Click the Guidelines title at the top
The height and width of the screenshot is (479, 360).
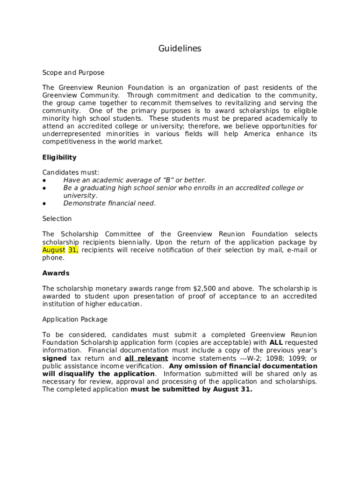(x=180, y=49)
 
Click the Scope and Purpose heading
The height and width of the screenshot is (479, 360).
(x=73, y=73)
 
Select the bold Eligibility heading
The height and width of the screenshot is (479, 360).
(x=59, y=157)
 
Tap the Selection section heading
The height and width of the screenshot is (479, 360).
(x=57, y=218)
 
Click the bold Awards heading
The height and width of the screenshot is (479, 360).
(x=56, y=273)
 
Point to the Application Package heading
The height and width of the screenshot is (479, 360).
(x=75, y=319)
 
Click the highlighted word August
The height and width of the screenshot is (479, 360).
(x=54, y=250)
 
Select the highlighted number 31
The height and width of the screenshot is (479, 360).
(x=73, y=250)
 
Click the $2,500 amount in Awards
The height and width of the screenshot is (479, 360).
(x=204, y=288)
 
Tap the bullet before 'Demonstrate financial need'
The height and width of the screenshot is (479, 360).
(x=44, y=203)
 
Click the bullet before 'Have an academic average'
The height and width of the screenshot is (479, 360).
(x=44, y=181)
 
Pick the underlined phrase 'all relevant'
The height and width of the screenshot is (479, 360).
(x=146, y=358)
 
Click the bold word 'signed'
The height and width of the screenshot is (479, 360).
(x=54, y=358)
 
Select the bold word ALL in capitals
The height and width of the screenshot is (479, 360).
(x=276, y=342)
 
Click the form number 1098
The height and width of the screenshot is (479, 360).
(x=273, y=358)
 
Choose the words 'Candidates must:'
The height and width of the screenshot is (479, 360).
(x=71, y=173)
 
